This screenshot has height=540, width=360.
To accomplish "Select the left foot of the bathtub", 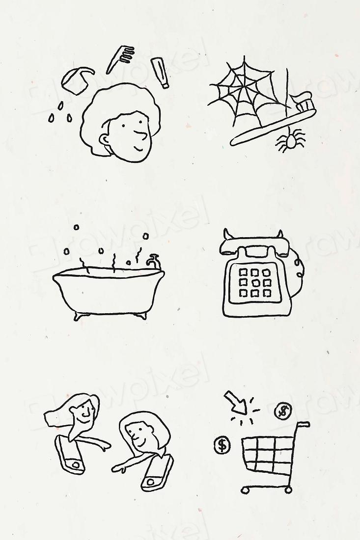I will [79, 316].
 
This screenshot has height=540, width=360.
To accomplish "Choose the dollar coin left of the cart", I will [222, 445].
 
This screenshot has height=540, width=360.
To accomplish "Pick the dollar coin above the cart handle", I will [283, 410].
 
